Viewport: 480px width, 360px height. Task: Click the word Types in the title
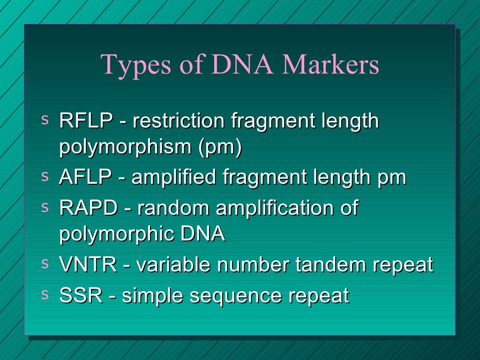click(129, 65)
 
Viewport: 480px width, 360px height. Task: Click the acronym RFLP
click(86, 121)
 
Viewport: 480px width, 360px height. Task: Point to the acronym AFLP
click(85, 178)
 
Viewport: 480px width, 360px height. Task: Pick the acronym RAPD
click(88, 208)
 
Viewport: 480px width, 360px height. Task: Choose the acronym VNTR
click(88, 265)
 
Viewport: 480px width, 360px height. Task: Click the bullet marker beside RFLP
click(45, 120)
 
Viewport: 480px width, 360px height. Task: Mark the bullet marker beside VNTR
click(45, 264)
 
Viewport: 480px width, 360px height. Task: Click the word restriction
click(179, 121)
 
